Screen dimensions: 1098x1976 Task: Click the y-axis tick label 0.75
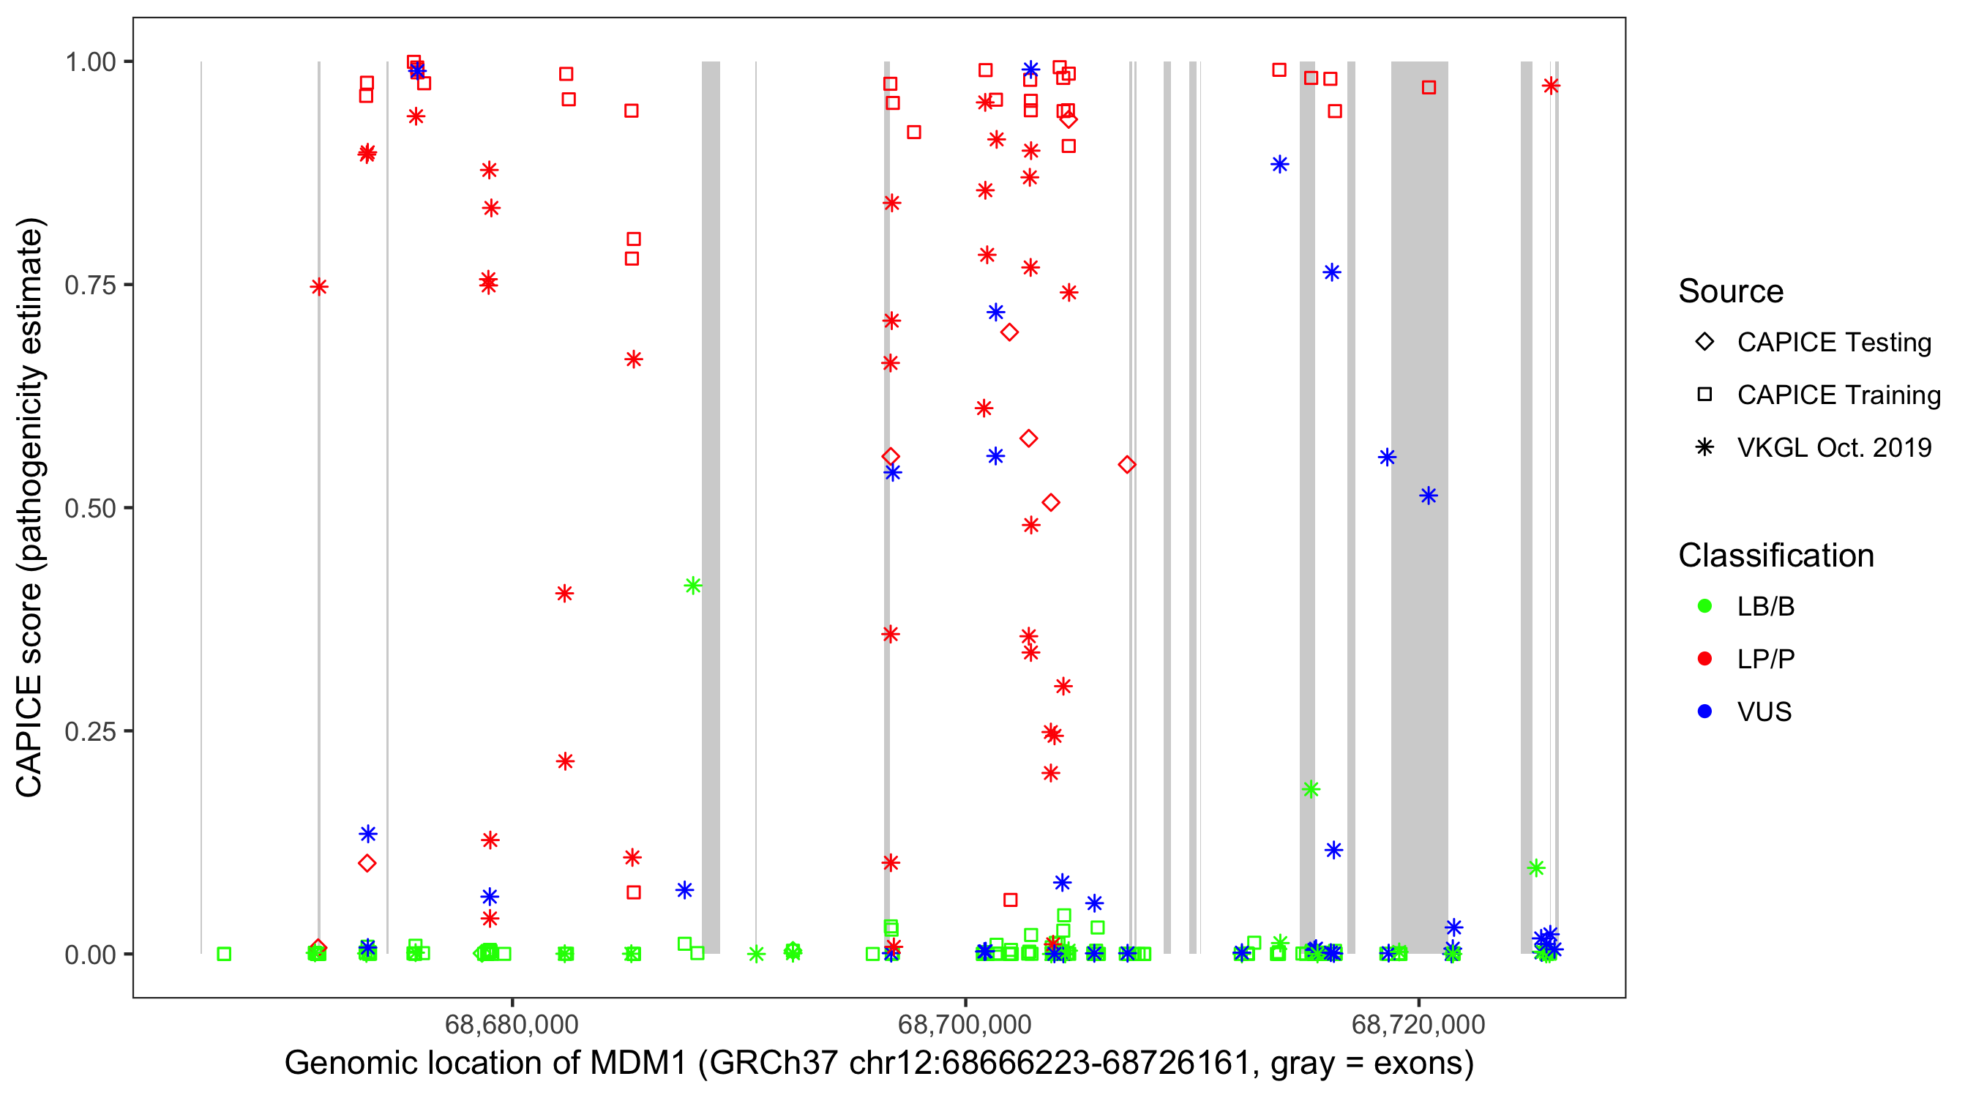click(89, 285)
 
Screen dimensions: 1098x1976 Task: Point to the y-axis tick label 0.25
click(89, 731)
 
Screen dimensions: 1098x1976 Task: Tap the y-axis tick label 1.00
click(89, 62)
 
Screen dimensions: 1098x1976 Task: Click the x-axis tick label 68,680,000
click(512, 1024)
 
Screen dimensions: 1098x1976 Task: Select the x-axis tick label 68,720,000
click(1418, 1024)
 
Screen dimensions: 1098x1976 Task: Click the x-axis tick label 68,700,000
click(965, 1024)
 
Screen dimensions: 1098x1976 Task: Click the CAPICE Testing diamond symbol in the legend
click(1704, 343)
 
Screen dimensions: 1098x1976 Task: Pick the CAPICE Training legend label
click(1838, 395)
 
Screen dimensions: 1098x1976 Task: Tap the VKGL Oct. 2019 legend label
click(1834, 448)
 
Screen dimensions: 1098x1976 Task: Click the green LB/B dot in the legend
click(1704, 606)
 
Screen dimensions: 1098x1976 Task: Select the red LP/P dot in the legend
click(1704, 659)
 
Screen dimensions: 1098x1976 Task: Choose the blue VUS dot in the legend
click(1704, 712)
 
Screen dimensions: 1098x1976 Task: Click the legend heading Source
click(1731, 291)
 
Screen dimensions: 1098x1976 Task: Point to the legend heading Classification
click(1775, 556)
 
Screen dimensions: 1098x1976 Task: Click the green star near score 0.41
click(692, 586)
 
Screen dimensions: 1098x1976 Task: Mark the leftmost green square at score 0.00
click(224, 954)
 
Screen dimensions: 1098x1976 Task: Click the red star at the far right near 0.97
click(1551, 86)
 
